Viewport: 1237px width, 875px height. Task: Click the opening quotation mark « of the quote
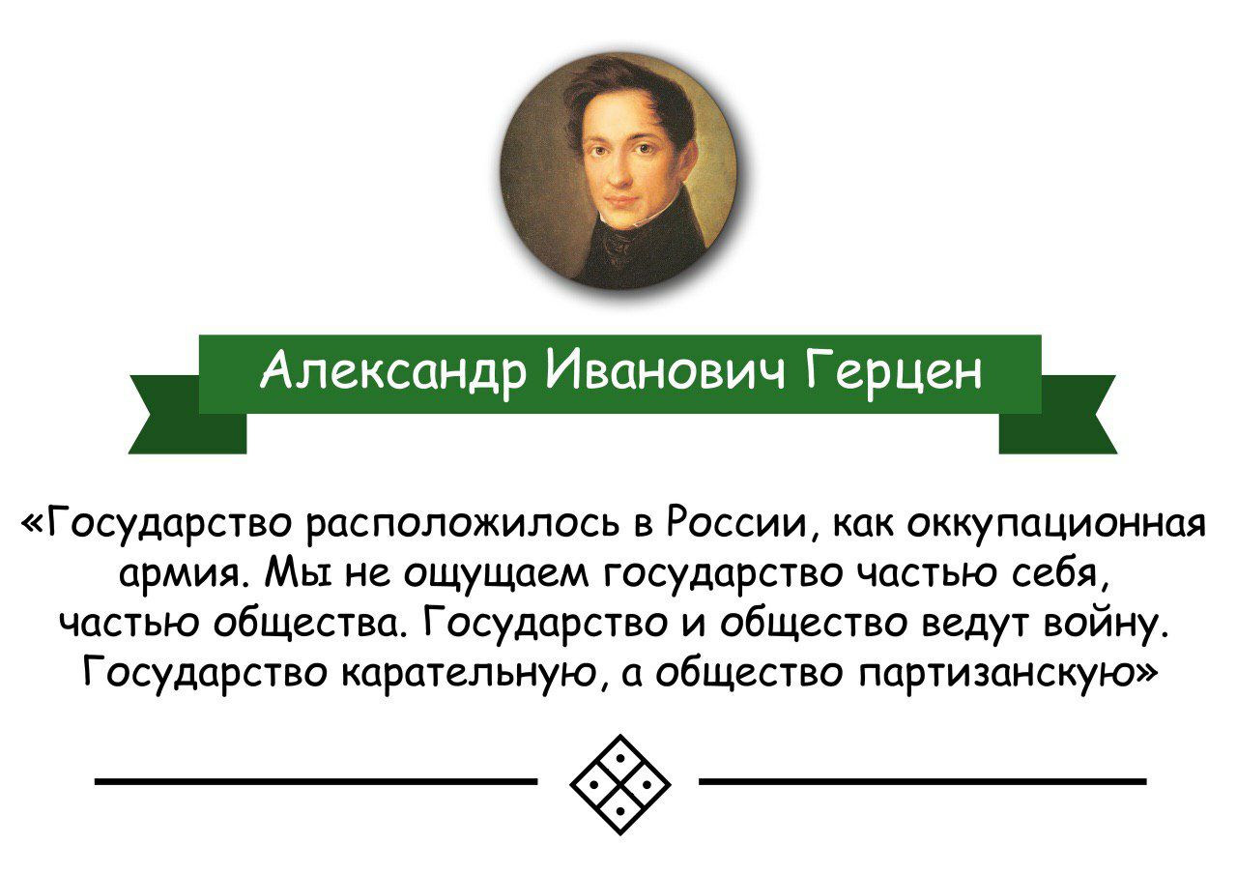(x=34, y=522)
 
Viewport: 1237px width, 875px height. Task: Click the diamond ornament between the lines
(x=620, y=784)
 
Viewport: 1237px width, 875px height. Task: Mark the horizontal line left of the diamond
(x=316, y=781)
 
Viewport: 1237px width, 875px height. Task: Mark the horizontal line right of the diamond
(x=922, y=781)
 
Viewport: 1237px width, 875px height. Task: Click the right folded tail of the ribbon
(x=1057, y=416)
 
